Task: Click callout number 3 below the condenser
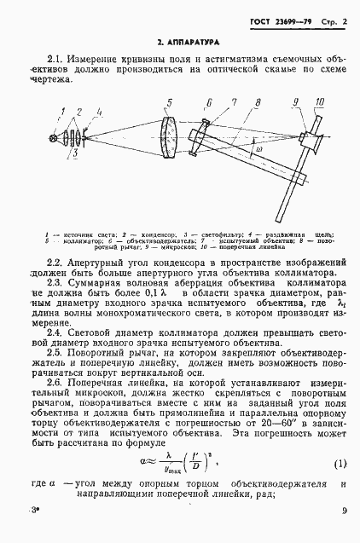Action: click(76, 154)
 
